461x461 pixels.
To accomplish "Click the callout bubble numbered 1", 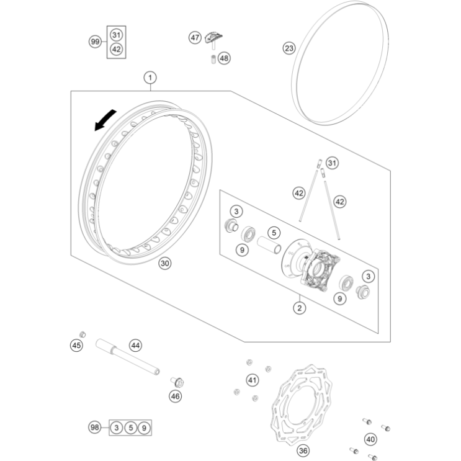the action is [150, 78].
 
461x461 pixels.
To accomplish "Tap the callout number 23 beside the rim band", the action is [289, 48].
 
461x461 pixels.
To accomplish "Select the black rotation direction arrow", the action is [105, 120].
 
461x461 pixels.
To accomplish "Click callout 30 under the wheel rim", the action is [165, 263].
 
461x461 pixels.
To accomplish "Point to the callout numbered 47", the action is [195, 38].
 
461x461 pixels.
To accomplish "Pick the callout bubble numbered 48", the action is [224, 58].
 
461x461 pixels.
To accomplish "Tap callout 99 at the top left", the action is [95, 42].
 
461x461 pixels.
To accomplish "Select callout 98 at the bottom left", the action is [95, 427].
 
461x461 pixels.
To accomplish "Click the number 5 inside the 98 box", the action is [130, 427].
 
